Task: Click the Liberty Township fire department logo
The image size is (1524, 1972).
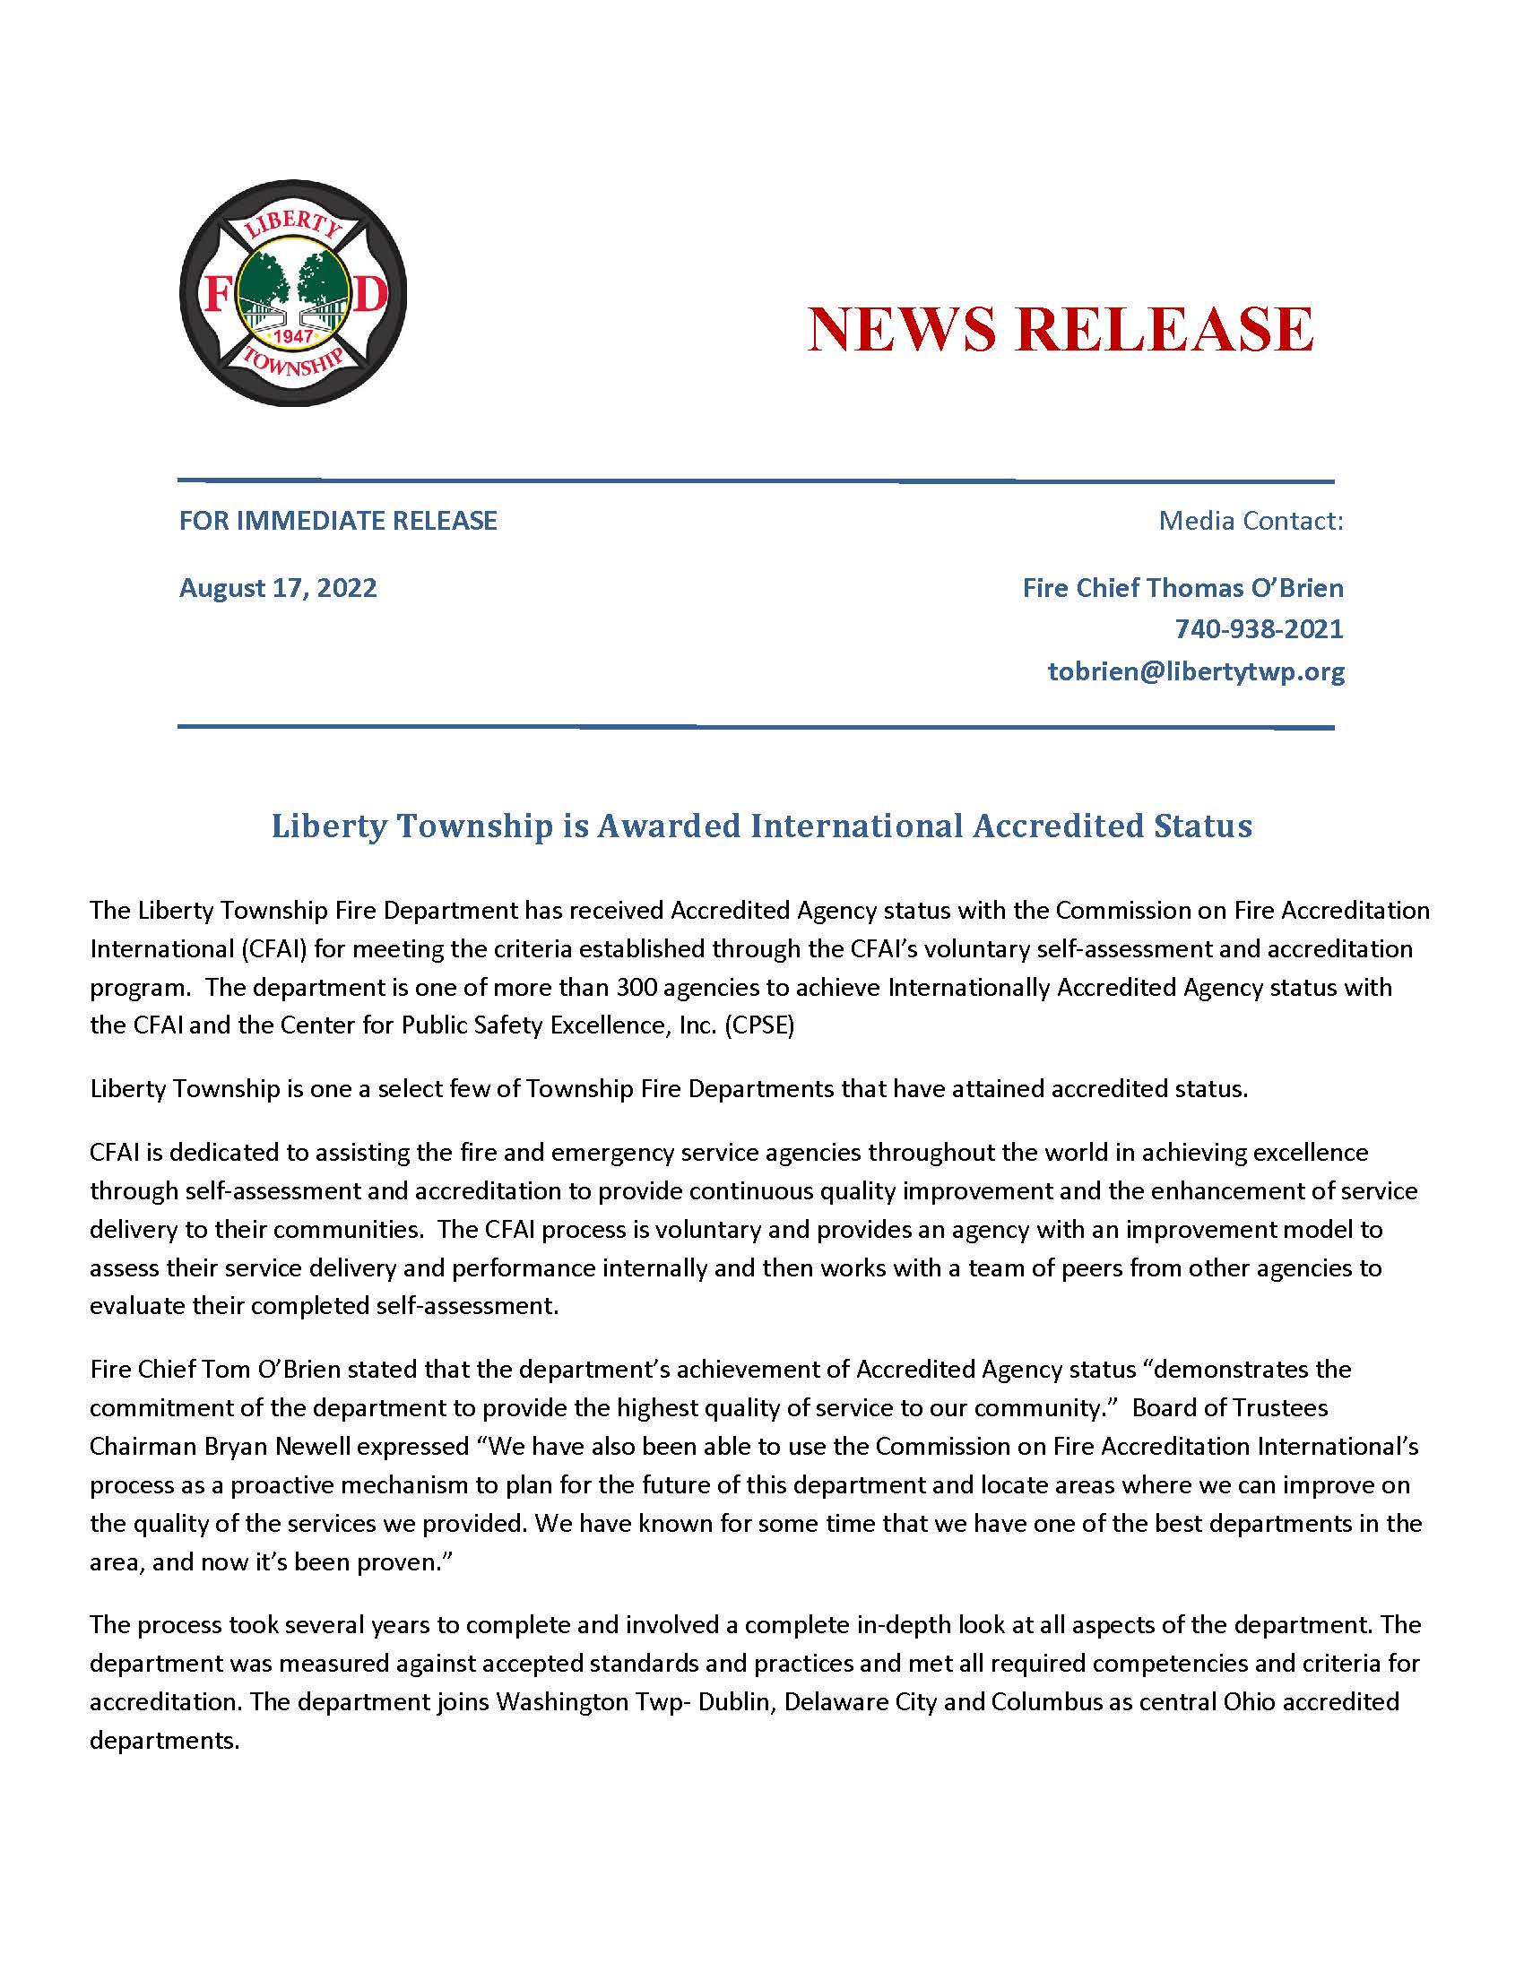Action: [x=292, y=292]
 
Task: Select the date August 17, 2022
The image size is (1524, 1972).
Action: [x=278, y=588]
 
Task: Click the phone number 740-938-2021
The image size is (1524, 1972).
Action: [x=1259, y=628]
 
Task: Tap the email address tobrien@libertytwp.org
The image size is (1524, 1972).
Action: [x=1195, y=670]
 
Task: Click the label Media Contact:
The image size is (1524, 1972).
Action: [x=1251, y=520]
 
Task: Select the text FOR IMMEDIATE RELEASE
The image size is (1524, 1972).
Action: [x=338, y=520]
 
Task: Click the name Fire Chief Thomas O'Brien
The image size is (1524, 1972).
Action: [x=1182, y=588]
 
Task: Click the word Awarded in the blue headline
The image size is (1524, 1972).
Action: [x=669, y=826]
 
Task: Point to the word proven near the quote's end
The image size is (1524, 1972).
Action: [x=397, y=1562]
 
